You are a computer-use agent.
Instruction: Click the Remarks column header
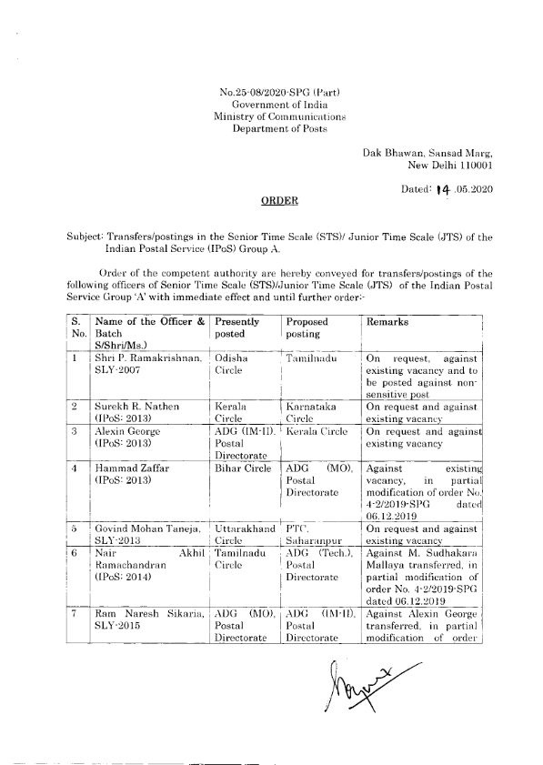coord(389,323)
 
